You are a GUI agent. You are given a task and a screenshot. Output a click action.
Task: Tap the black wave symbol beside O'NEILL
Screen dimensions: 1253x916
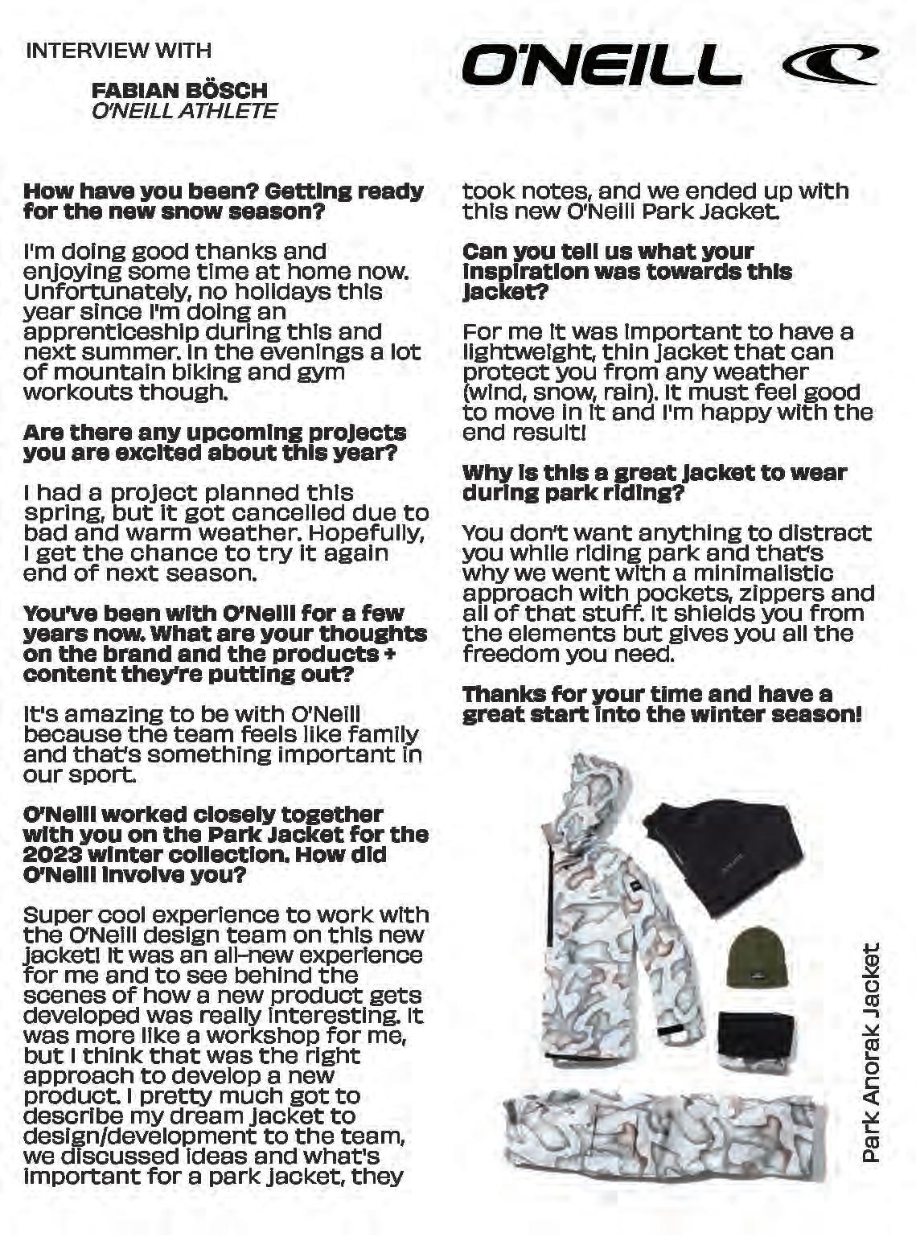(830, 65)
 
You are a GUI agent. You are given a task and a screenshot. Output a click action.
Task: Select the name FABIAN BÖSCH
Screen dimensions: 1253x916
(179, 90)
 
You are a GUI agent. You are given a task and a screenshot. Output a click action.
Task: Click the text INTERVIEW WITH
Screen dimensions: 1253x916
(119, 50)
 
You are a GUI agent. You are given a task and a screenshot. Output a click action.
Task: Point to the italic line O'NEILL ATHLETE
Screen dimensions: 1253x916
(185, 110)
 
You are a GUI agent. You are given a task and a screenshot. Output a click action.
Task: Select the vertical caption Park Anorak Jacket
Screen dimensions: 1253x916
(871, 1054)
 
